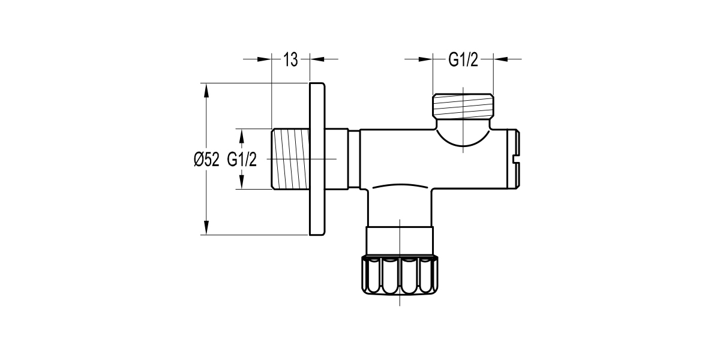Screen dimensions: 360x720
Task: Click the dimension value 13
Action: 291,59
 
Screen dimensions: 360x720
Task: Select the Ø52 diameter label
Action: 206,159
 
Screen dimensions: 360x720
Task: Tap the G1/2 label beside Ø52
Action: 242,159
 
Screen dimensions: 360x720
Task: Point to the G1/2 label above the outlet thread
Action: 463,59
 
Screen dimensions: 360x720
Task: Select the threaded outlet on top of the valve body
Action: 463,106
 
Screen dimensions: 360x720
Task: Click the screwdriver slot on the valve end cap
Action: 519,159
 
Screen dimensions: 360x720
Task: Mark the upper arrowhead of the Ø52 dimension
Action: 206,89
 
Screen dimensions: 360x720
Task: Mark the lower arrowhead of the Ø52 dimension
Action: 206,228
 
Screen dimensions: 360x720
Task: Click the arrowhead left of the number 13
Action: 265,59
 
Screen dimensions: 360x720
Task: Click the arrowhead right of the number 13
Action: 317,59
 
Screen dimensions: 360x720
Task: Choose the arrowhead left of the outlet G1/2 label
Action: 425,59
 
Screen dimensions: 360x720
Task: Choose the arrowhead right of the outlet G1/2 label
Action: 500,59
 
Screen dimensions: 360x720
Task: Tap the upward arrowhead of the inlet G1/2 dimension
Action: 242,135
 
